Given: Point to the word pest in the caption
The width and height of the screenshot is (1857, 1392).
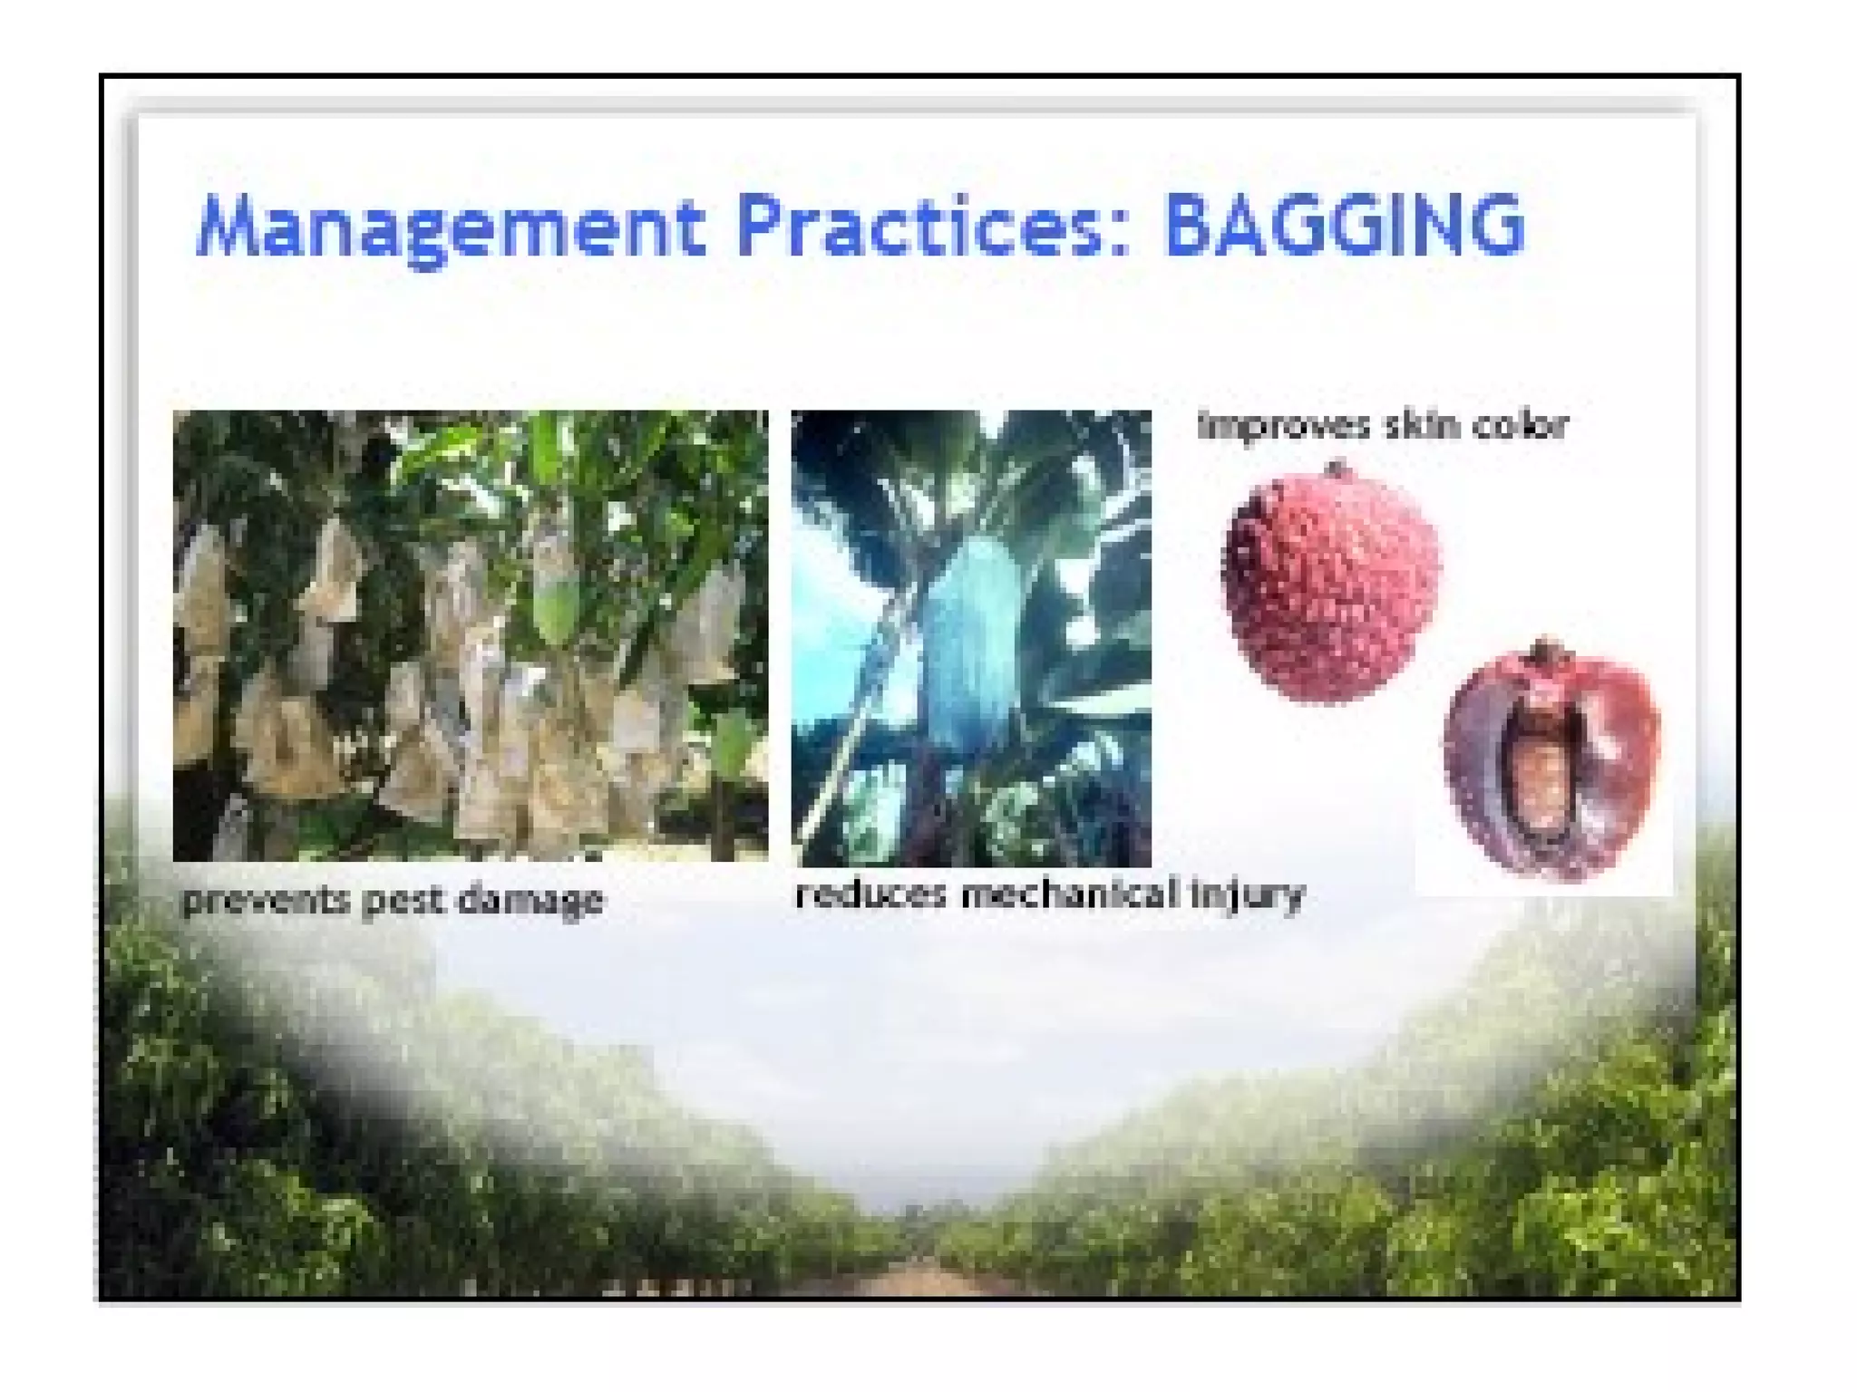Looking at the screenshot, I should click(401, 901).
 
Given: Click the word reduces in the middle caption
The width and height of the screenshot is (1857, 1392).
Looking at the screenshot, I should click(870, 894).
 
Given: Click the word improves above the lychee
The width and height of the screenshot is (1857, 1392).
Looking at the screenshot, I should click(1281, 425).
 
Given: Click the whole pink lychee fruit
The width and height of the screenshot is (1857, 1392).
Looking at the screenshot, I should click(1330, 589).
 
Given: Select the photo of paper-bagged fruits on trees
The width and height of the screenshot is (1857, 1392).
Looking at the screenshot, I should click(470, 634).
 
